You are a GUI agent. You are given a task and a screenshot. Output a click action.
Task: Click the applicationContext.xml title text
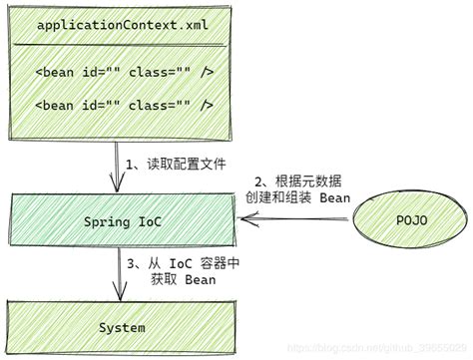123,24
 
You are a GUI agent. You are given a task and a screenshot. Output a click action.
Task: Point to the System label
122,327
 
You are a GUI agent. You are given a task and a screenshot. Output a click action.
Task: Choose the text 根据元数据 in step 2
298,180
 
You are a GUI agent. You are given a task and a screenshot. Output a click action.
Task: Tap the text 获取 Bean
180,279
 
